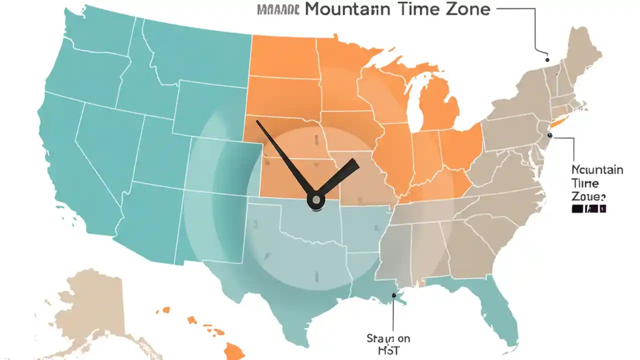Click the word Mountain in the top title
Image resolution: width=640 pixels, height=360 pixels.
pyautogui.click(x=345, y=9)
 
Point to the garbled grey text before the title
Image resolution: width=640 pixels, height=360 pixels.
pyautogui.click(x=277, y=9)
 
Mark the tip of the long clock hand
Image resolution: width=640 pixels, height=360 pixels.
pyautogui.click(x=257, y=121)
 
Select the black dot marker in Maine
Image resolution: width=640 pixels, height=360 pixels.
pyautogui.click(x=546, y=59)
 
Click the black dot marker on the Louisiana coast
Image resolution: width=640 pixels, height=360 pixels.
pyautogui.click(x=394, y=295)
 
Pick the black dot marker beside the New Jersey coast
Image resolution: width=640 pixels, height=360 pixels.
pyautogui.click(x=549, y=135)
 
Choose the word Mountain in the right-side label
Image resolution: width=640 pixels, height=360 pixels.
pyautogui.click(x=597, y=170)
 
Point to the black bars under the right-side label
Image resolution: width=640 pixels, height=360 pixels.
pyautogui.click(x=588, y=208)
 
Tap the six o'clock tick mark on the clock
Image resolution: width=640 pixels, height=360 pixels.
pyautogui.click(x=316, y=275)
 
